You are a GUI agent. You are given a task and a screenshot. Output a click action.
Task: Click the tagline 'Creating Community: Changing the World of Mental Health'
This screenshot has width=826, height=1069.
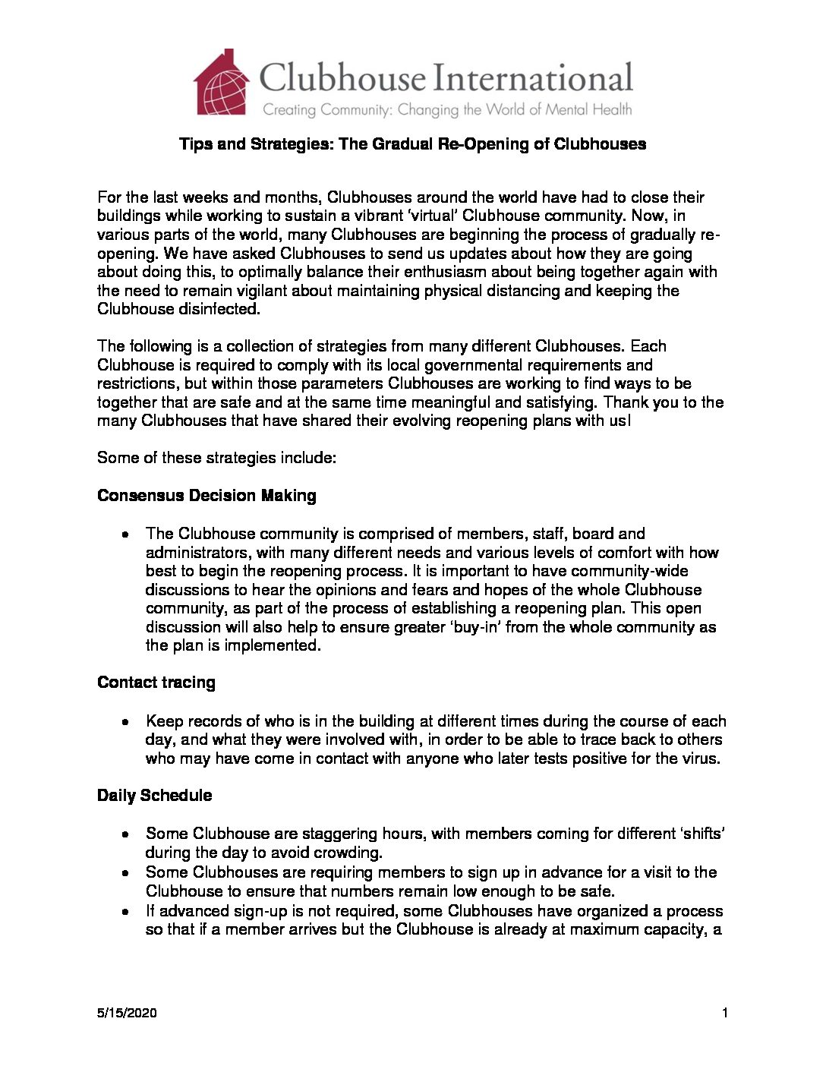pos(446,110)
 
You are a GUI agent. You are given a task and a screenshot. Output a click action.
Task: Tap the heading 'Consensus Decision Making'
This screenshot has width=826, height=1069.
pos(206,496)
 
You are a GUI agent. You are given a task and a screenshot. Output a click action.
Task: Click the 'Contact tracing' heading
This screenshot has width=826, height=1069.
pos(156,683)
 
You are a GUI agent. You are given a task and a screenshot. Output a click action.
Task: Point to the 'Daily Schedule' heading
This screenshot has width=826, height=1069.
pos(154,796)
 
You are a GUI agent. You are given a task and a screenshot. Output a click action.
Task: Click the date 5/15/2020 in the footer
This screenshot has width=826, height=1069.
pos(127,1013)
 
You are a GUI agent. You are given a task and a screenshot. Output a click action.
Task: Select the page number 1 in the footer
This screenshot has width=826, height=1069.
pos(725,1013)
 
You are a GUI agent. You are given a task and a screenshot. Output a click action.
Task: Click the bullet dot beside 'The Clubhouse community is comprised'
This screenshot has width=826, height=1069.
pos(124,534)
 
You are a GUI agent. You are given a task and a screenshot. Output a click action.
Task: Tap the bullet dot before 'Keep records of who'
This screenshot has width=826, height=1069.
pos(124,721)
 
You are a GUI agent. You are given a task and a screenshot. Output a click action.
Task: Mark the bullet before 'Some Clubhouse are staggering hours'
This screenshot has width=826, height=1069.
pos(124,834)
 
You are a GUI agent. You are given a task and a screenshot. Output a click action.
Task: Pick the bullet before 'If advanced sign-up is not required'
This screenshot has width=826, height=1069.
pos(124,912)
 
